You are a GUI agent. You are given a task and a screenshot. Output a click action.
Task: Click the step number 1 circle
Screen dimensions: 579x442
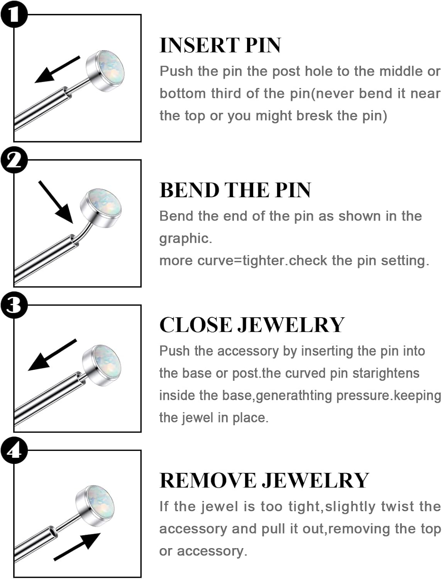tap(14, 14)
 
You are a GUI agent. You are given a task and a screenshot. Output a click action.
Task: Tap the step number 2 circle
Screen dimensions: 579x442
tap(14, 159)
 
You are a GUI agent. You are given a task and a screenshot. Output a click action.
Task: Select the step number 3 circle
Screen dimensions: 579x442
tap(14, 305)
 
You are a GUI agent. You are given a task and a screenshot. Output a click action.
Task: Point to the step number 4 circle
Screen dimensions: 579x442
tap(14, 450)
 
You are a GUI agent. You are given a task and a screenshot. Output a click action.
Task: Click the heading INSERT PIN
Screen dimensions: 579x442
tap(220, 45)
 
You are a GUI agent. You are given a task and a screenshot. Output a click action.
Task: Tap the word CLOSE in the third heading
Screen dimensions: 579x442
tap(196, 325)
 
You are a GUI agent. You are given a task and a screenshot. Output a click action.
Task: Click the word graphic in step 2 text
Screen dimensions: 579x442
tap(185, 238)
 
